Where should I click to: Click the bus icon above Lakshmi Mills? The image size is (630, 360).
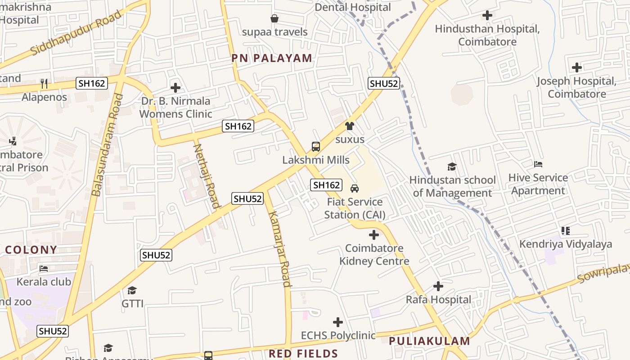316,146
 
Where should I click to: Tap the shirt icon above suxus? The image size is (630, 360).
350,126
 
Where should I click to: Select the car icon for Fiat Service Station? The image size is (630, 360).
355,188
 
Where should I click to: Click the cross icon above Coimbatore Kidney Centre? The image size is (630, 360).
373,235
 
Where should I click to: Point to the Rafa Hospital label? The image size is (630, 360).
438,300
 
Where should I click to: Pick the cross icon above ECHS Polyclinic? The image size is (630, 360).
338,322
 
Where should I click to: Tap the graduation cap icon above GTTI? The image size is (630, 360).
132,290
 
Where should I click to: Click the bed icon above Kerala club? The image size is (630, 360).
44,269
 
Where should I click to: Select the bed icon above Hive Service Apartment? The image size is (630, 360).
538,164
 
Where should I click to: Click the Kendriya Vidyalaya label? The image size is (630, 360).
566,244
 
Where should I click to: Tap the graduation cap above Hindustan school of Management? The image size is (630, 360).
452,167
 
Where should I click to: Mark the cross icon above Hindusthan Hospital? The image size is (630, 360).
487,16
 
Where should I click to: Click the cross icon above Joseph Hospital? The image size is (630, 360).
576,68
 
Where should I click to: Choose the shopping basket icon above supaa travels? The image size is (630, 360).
274,18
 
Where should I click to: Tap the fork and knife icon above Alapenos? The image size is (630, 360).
44,84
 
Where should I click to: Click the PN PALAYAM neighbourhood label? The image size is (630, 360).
272,58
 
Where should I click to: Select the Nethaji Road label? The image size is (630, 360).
207,175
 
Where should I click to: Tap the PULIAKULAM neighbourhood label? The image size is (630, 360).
429,341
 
